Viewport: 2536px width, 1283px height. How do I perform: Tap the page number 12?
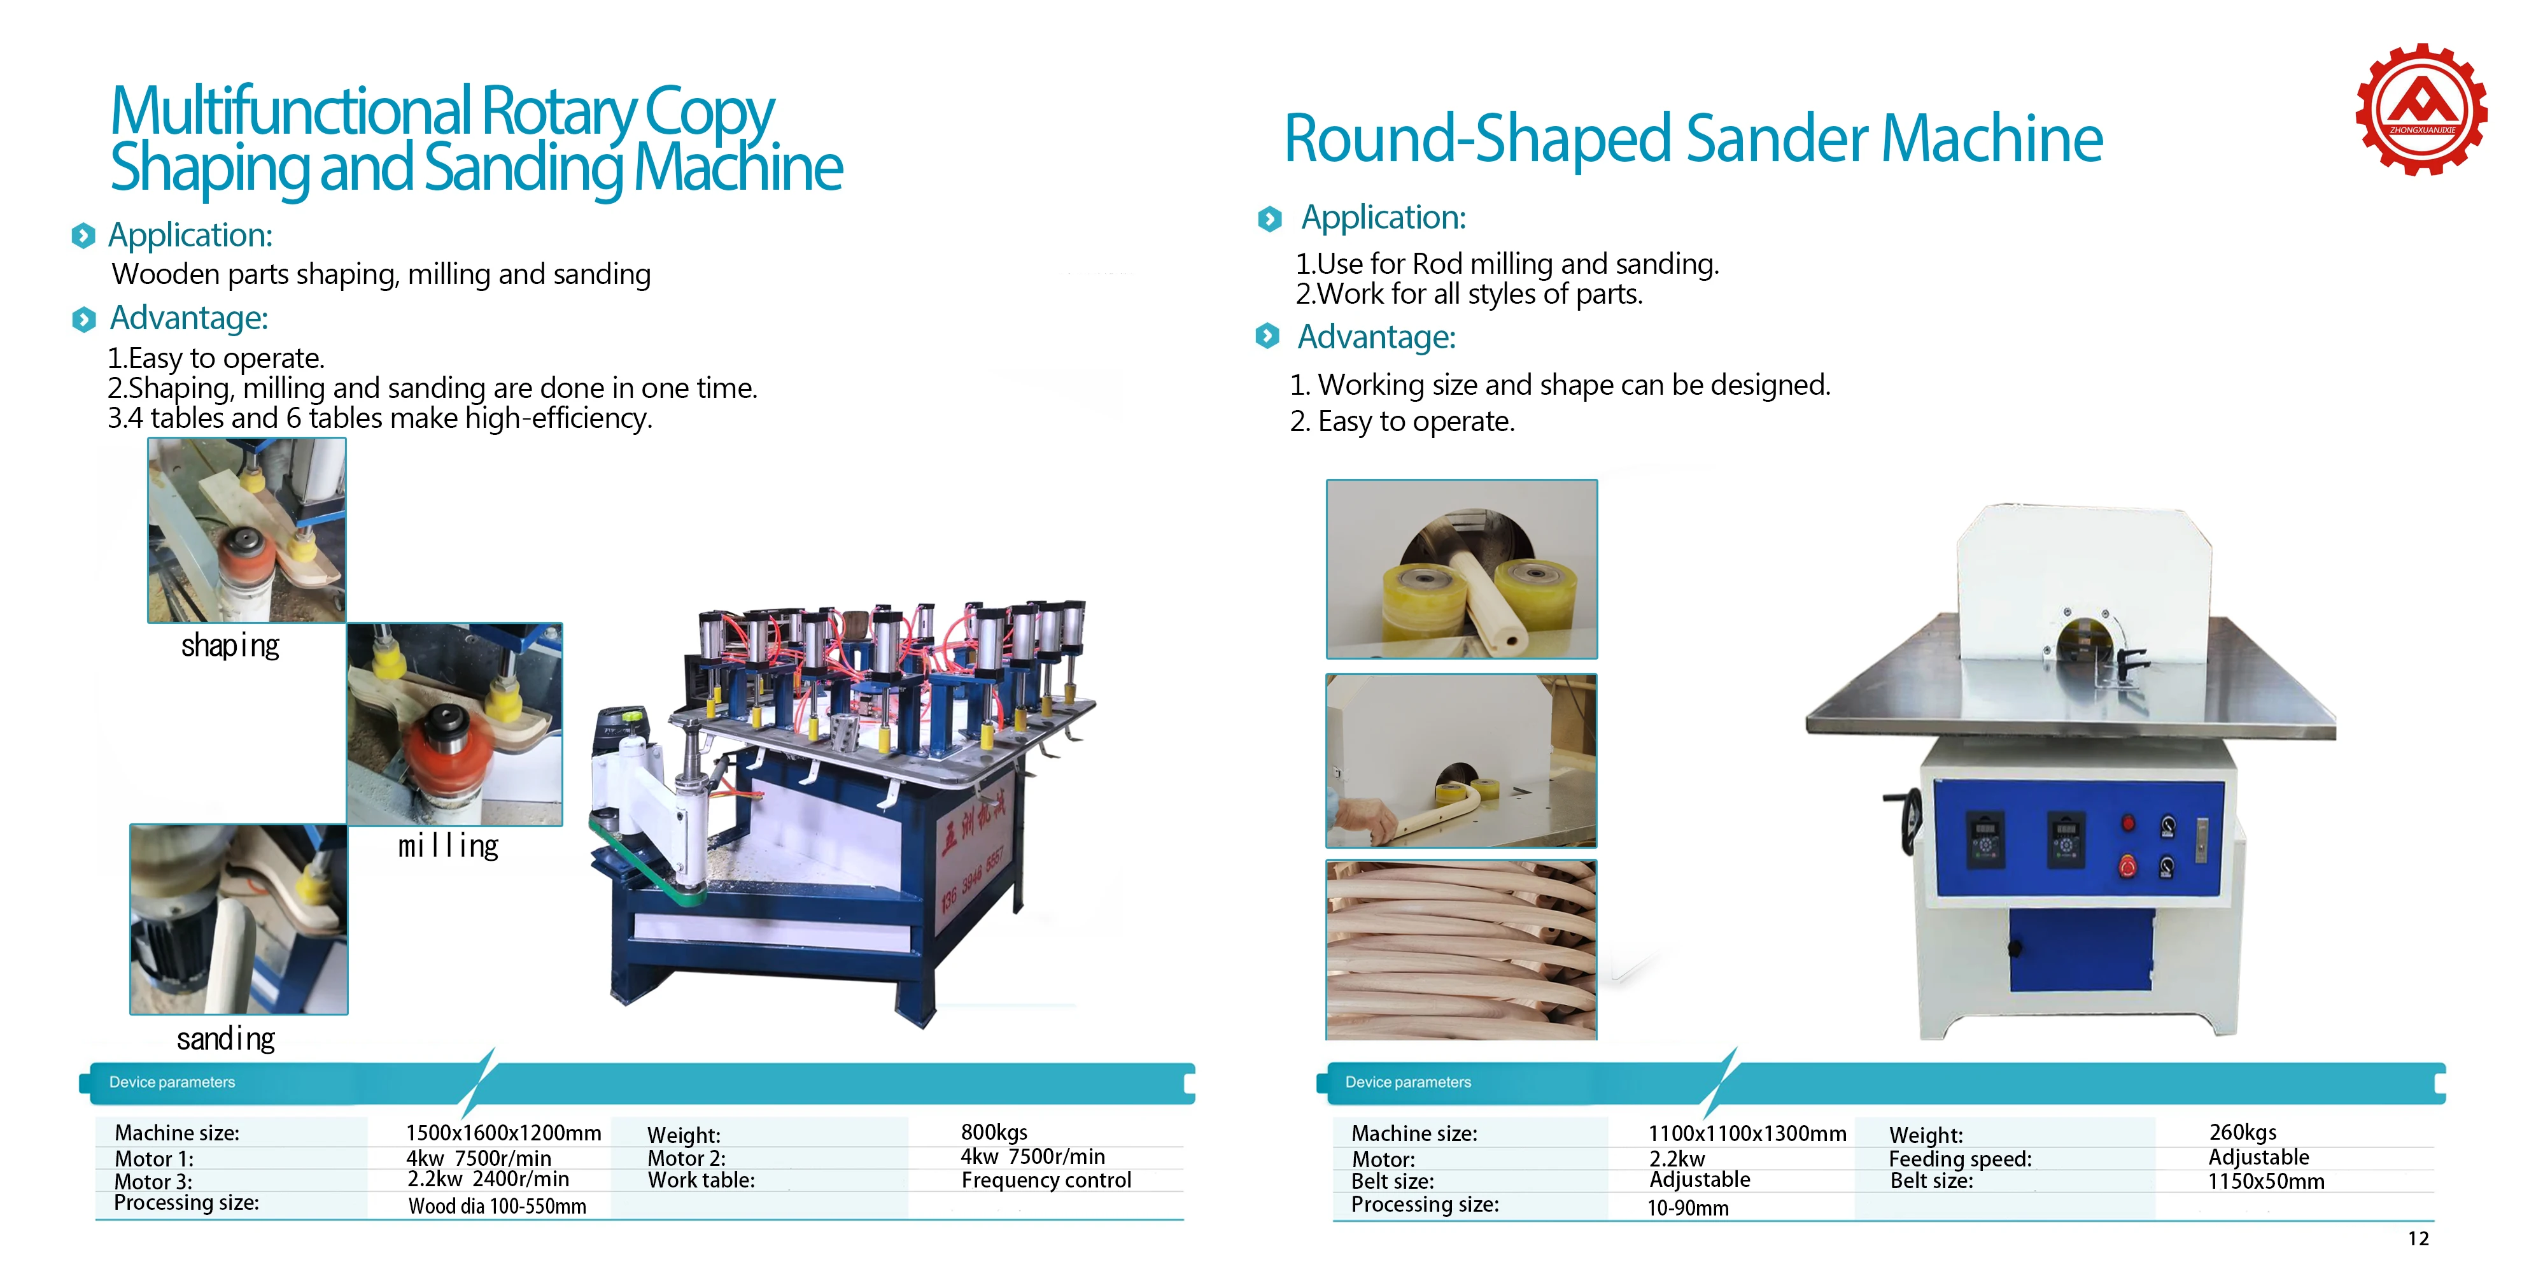[2418, 1238]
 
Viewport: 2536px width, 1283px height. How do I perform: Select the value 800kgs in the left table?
[994, 1132]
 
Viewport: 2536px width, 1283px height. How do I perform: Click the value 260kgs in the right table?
[2242, 1132]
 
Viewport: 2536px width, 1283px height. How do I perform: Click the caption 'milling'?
[448, 846]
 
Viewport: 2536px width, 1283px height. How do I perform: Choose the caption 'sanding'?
[225, 1038]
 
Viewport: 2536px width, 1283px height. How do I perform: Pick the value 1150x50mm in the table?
[2265, 1182]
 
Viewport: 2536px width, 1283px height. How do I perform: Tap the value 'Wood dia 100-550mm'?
[497, 1206]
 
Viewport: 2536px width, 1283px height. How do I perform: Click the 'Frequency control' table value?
[1045, 1180]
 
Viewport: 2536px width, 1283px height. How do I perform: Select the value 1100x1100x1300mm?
[1747, 1133]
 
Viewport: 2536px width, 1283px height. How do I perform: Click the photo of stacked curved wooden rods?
[1461, 949]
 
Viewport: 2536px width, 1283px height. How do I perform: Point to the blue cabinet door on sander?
[2080, 950]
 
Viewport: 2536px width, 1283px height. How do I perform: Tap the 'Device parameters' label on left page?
[173, 1082]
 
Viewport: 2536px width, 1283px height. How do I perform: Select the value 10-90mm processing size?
[1687, 1208]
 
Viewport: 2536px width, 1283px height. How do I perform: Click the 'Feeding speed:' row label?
[1959, 1159]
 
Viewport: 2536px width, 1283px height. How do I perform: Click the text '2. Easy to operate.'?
[1402, 422]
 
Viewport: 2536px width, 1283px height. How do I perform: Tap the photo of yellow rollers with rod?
[1461, 569]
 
